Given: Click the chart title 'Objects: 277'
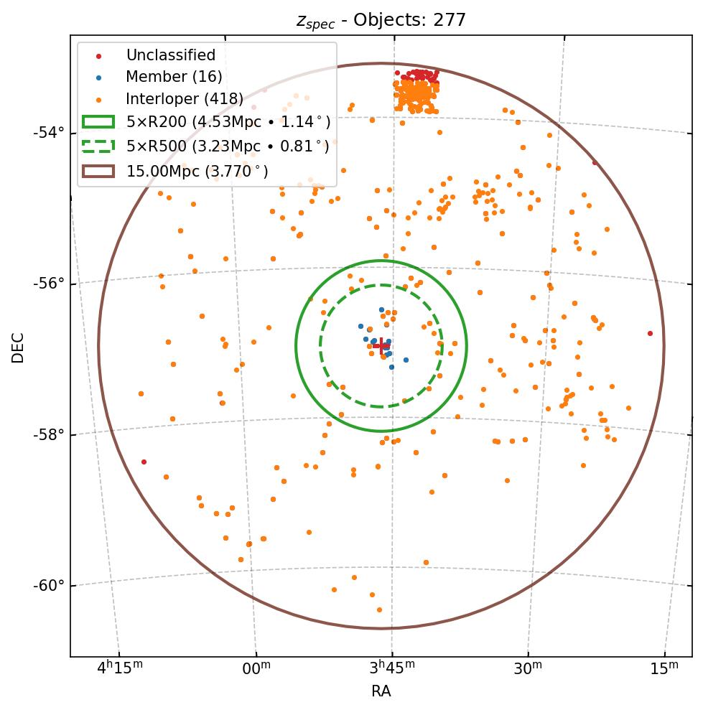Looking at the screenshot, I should pyautogui.click(x=381, y=20).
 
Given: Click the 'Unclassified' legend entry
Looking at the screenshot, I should pyautogui.click(x=170, y=55).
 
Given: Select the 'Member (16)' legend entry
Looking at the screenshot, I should pyautogui.click(x=174, y=77).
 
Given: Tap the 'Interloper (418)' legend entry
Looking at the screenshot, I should pyautogui.click(x=185, y=99).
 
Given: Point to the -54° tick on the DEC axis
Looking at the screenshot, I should pyautogui.click(x=50, y=132).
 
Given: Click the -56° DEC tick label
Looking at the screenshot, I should pyautogui.click(x=50, y=283).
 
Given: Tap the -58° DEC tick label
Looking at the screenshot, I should pyautogui.click(x=50, y=434).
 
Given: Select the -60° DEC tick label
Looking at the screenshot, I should pyautogui.click(x=50, y=585).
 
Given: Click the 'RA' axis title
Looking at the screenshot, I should pyautogui.click(x=381, y=691).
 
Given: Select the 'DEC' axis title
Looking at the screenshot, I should pyautogui.click(x=18, y=347).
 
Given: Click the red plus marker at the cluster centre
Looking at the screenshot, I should pyautogui.click(x=381, y=346).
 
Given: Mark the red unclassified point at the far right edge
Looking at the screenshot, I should pyautogui.click(x=650, y=333).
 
